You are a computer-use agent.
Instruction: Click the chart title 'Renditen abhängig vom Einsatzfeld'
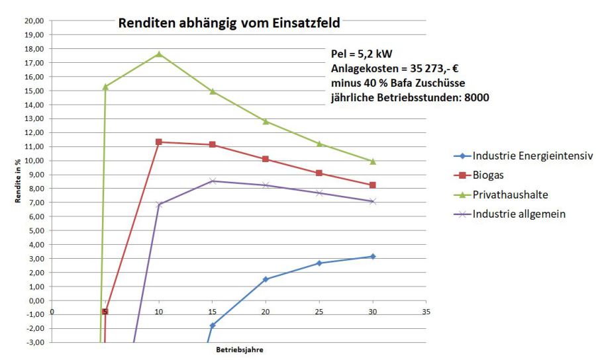(228, 24)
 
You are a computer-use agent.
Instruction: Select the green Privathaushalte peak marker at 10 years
(159, 54)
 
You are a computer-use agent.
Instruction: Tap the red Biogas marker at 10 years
(159, 142)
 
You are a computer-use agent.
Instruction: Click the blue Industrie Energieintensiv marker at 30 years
(373, 256)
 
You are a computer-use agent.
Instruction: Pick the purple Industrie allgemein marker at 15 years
(213, 181)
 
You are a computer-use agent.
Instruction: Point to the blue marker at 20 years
(266, 279)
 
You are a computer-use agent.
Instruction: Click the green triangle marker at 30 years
(373, 161)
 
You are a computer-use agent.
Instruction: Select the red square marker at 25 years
(319, 173)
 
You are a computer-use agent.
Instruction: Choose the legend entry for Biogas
(490, 175)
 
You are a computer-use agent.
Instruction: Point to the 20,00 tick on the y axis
(34, 21)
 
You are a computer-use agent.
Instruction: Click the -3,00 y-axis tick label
(34, 342)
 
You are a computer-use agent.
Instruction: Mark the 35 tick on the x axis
(426, 312)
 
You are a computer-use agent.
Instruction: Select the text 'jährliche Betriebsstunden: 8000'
(410, 97)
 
